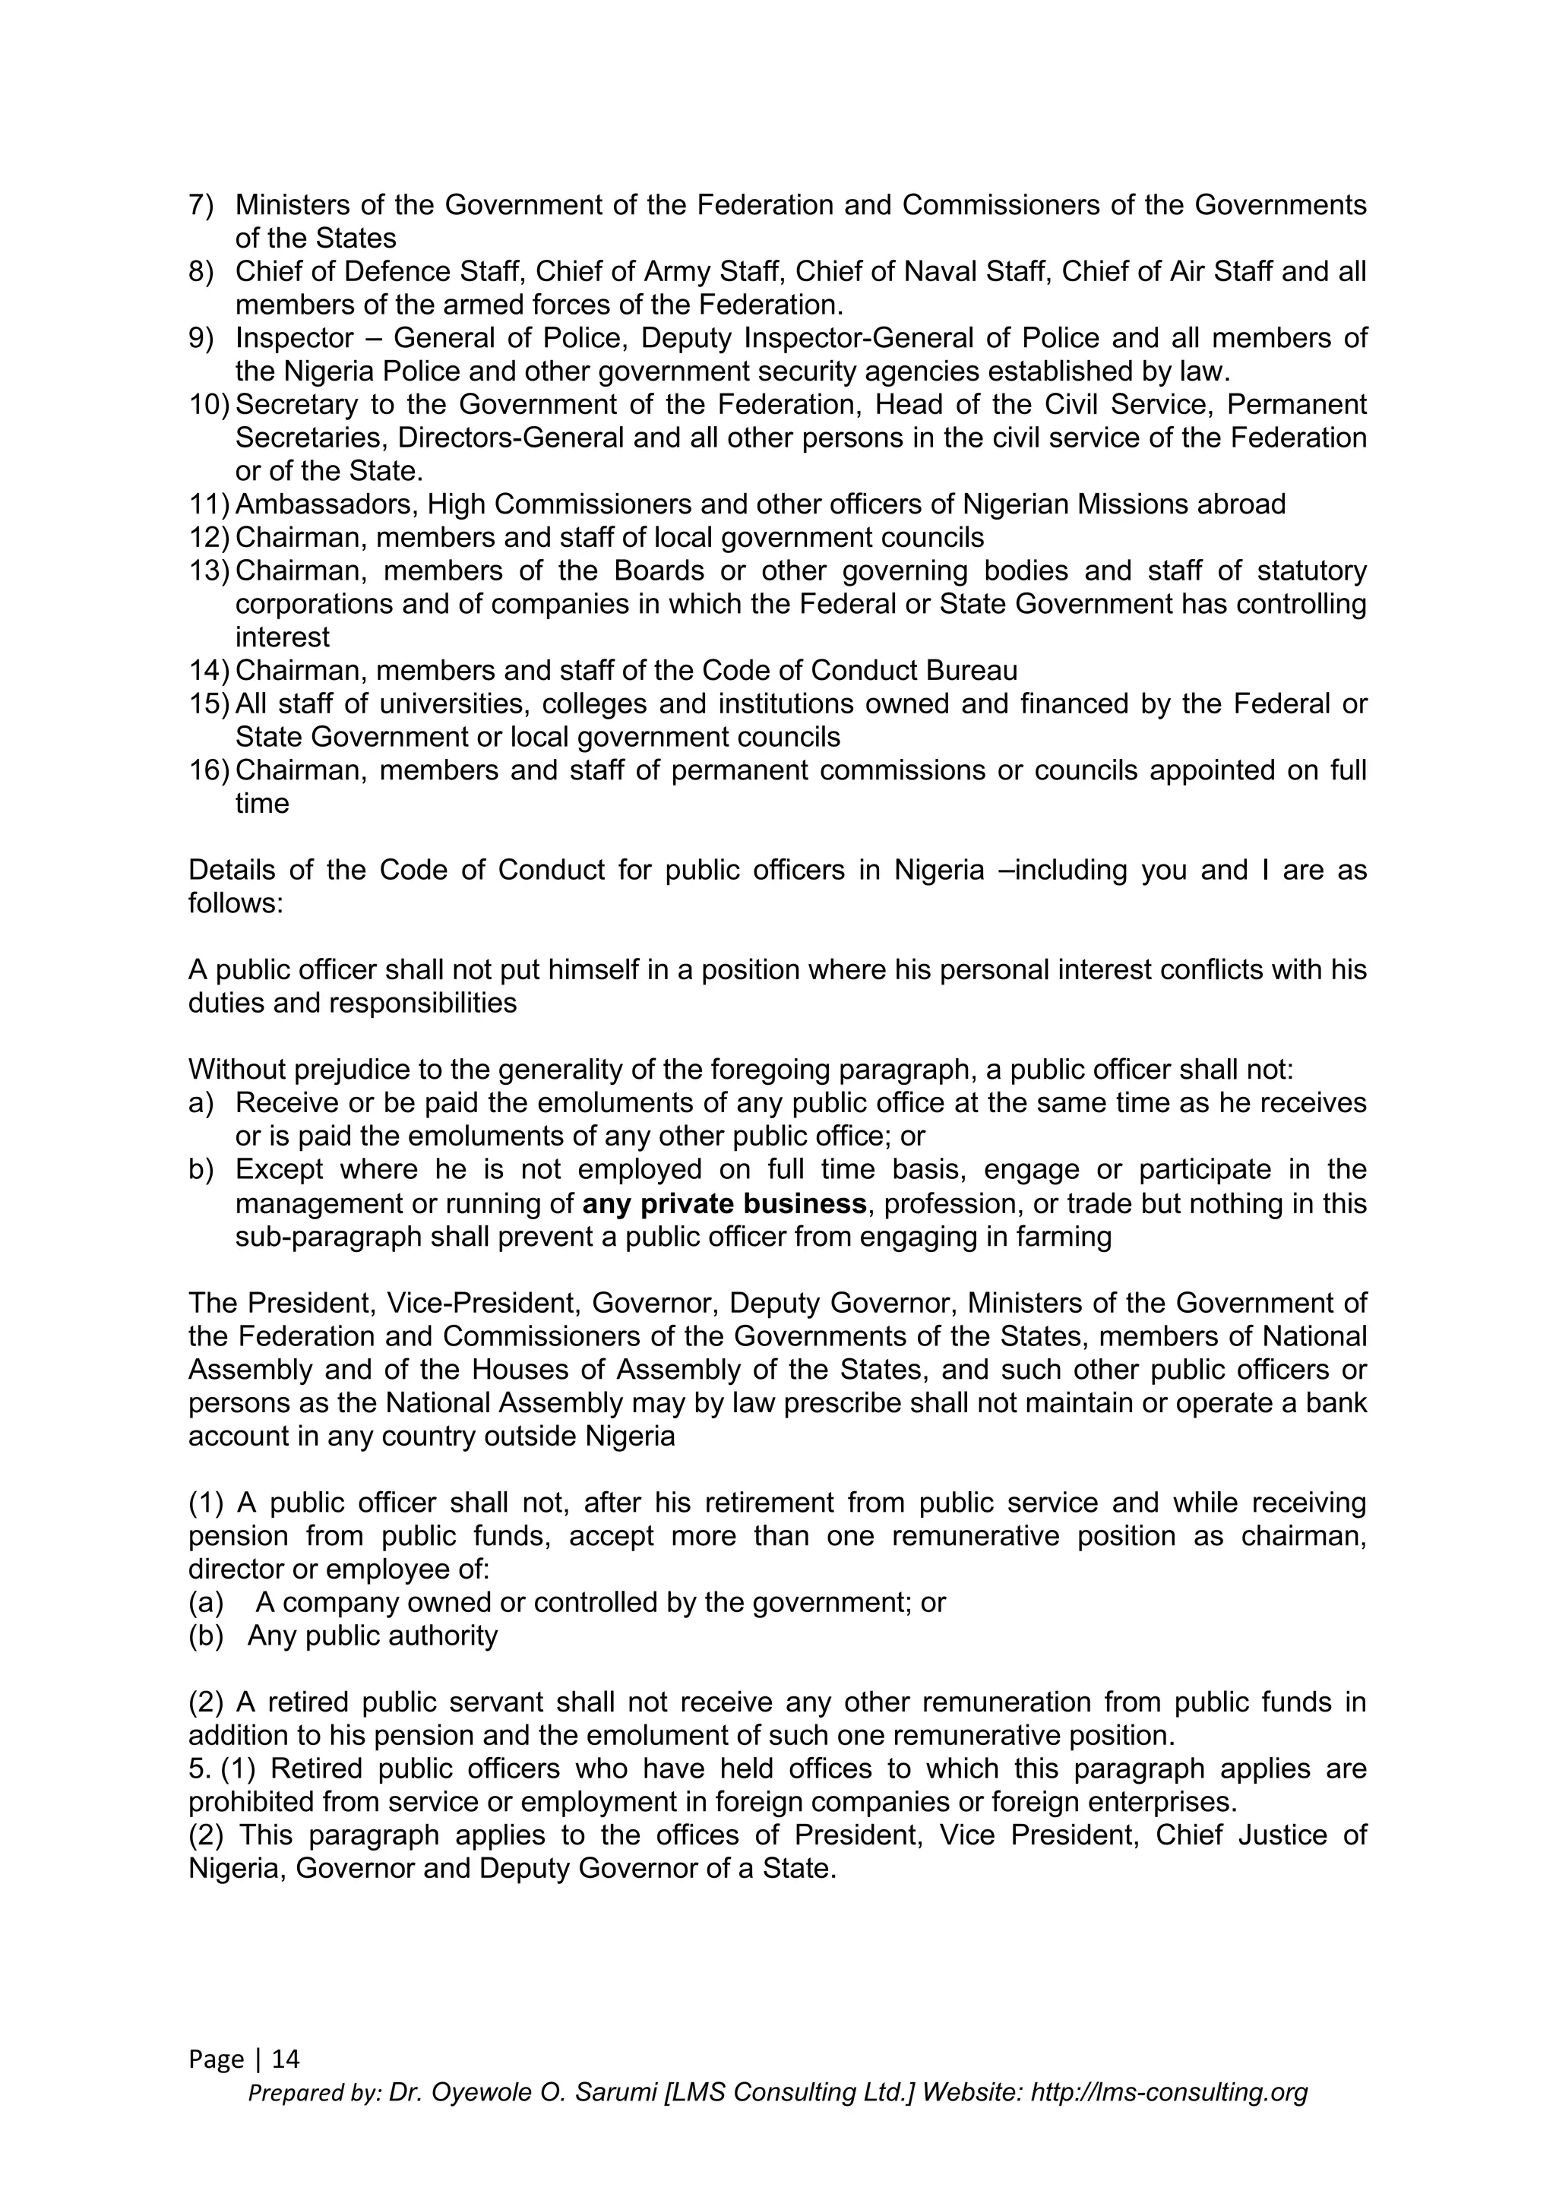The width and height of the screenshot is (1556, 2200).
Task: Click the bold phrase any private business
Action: point(724,1203)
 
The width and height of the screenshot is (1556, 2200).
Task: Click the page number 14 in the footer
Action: point(286,2059)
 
